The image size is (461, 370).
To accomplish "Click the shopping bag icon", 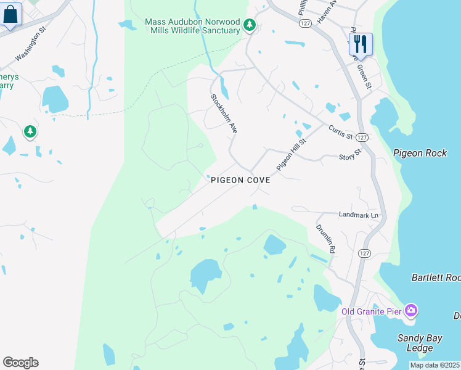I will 11,14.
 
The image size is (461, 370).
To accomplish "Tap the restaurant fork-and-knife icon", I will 361,44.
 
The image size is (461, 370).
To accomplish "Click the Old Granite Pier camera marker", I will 411,310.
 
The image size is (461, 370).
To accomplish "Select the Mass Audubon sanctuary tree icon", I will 249,25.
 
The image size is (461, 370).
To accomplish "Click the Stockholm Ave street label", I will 224,114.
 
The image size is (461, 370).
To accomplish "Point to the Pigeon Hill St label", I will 291,154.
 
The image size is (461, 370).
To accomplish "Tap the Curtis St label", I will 340,131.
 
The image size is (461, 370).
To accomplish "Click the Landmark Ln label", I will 358,215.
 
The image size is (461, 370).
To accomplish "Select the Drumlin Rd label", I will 325,239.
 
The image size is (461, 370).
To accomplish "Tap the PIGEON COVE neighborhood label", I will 240,181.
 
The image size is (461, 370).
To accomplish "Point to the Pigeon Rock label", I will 419,152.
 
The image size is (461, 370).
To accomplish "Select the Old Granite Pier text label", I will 372,311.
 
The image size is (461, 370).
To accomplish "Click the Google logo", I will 20,363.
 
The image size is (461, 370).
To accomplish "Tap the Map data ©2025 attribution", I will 435,365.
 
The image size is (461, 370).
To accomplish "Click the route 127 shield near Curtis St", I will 362,137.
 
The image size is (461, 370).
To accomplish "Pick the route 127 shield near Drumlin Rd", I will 364,253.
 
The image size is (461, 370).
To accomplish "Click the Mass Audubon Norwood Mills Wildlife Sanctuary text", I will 192,26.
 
